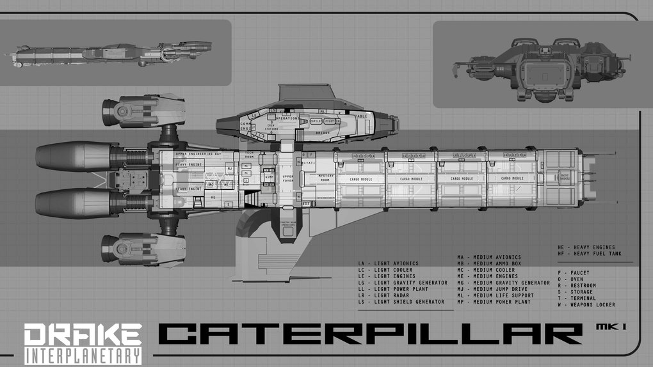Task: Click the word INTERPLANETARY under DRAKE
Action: click(83, 355)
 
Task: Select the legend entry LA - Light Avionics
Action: click(389, 263)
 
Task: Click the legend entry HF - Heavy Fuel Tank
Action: click(586, 253)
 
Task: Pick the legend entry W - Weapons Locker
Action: click(586, 304)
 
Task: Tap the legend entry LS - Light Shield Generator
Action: click(401, 302)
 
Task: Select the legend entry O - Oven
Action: click(569, 279)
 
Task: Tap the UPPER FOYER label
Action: click(287, 178)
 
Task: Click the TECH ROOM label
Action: click(250, 153)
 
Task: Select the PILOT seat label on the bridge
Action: click(330, 121)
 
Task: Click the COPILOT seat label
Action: click(316, 121)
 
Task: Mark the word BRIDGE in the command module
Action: click(323, 132)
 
